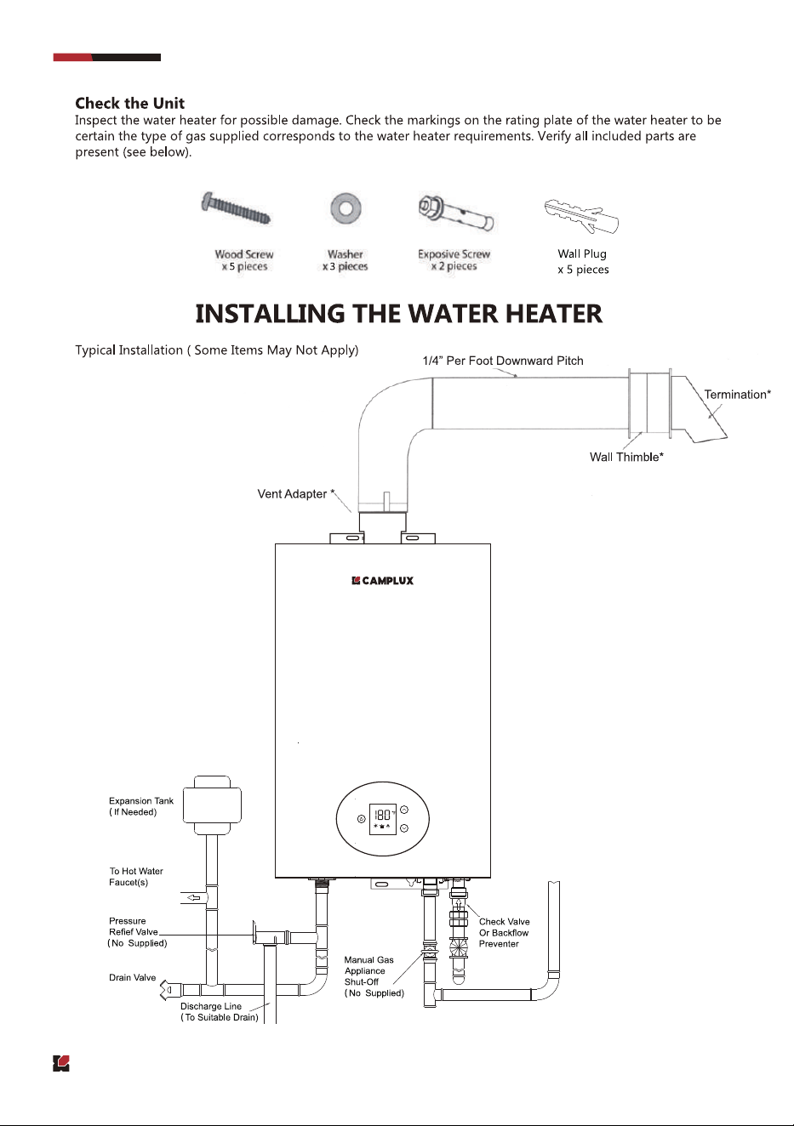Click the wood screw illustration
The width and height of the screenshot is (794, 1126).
(236, 208)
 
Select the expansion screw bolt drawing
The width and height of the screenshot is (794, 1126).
(456, 213)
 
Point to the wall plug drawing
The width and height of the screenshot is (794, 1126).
(581, 216)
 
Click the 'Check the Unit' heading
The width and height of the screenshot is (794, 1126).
(130, 104)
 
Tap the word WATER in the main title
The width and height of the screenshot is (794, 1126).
(454, 314)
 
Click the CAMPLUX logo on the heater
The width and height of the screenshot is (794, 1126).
(382, 581)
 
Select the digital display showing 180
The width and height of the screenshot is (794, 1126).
(383, 819)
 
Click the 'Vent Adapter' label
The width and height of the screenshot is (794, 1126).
(293, 494)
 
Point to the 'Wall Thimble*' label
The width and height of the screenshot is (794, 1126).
(626, 457)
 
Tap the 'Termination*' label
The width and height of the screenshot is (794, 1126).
(737, 395)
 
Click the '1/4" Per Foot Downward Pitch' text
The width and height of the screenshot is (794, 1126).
(503, 361)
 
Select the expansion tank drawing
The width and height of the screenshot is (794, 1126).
(212, 805)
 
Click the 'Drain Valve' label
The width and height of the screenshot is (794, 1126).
(133, 978)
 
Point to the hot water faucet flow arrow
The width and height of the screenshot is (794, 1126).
(194, 898)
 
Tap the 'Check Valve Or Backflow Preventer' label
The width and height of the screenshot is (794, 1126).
(504, 932)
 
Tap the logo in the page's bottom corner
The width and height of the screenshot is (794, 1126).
(61, 1063)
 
